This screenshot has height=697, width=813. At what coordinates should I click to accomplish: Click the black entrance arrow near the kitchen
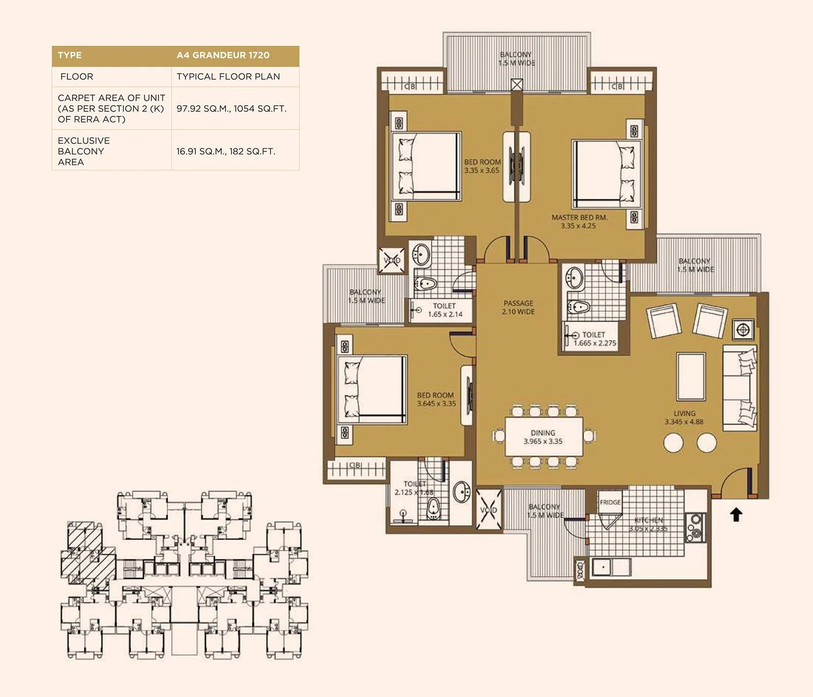pyautogui.click(x=736, y=515)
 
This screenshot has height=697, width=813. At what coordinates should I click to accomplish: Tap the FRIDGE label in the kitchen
pyautogui.click(x=610, y=502)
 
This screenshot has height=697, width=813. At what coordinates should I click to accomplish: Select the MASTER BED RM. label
pyautogui.click(x=579, y=217)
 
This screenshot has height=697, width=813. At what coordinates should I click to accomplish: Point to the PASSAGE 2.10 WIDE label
pyautogui.click(x=518, y=307)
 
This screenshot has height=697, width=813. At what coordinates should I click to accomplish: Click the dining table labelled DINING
pyautogui.click(x=544, y=437)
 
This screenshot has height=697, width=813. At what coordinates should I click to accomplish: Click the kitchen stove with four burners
pyautogui.click(x=695, y=527)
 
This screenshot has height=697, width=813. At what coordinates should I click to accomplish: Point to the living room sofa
pyautogui.click(x=740, y=388)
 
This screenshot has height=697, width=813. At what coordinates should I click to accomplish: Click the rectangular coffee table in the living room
pyautogui.click(x=691, y=377)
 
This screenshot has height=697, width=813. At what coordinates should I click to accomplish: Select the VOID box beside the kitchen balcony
pyautogui.click(x=488, y=510)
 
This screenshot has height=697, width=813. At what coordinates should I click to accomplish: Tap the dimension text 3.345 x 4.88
pyautogui.click(x=684, y=422)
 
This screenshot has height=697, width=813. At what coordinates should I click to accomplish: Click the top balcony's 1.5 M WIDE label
pyautogui.click(x=516, y=63)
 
